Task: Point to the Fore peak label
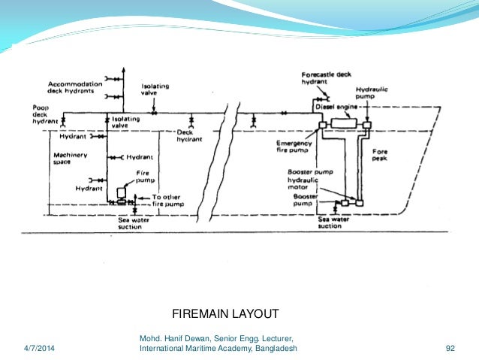(381, 156)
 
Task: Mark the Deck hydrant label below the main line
(190, 136)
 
